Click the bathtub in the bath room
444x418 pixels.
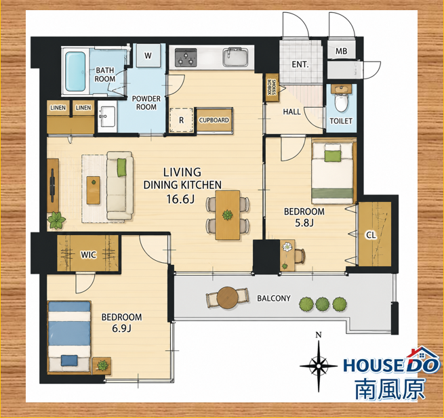(75, 71)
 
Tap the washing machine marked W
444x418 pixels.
(148, 56)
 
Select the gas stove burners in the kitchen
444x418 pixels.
(186, 58)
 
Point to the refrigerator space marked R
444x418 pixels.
(182, 120)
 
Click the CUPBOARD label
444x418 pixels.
(214, 120)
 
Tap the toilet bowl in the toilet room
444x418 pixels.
(341, 102)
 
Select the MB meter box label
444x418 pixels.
(341, 51)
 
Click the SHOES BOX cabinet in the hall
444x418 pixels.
(273, 87)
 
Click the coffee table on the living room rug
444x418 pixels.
(93, 190)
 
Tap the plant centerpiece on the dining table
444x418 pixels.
(228, 215)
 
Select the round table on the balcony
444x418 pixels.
(228, 297)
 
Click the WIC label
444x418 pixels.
(89, 255)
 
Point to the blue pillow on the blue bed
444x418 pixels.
(69, 360)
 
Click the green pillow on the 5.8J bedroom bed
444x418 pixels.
(333, 155)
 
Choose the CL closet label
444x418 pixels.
(371, 235)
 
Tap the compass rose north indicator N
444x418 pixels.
(319, 335)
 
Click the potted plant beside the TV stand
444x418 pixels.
(56, 220)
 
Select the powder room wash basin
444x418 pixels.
(107, 117)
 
